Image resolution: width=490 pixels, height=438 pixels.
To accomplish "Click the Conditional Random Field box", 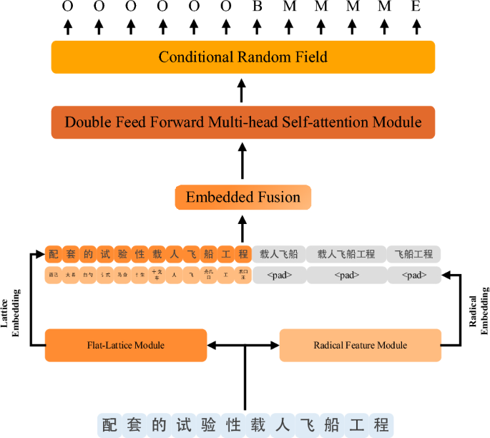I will pos(242,57).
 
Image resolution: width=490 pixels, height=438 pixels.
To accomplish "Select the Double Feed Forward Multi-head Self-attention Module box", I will pos(242,122).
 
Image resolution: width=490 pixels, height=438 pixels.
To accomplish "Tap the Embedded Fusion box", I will pos(242,198).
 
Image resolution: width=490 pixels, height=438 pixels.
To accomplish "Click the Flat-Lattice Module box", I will pos(125,345).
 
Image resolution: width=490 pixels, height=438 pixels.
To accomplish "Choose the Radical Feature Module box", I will pos(360,345).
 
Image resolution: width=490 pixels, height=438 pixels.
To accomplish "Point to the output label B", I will pos(257,7).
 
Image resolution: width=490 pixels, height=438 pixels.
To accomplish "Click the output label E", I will pos(415,7).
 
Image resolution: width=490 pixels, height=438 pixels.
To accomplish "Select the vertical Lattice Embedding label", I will pos(14,308).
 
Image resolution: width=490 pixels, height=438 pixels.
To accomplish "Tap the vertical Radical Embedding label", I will pos(478,308).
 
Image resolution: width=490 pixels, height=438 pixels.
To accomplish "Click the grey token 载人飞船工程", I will pos(346,254).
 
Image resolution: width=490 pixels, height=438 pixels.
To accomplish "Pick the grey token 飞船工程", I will pos(413,254).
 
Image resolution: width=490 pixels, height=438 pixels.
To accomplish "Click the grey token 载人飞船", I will pos(278,254).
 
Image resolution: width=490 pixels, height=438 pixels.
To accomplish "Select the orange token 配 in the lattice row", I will pos(53,254).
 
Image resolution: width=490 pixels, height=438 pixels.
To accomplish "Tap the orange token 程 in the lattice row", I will pos(242,254).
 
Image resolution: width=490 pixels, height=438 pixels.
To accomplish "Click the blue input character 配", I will pos(107,423).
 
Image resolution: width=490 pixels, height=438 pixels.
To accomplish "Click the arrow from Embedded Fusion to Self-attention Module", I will pos(242,164).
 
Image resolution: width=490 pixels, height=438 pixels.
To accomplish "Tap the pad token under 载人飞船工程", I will pos(346,275).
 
